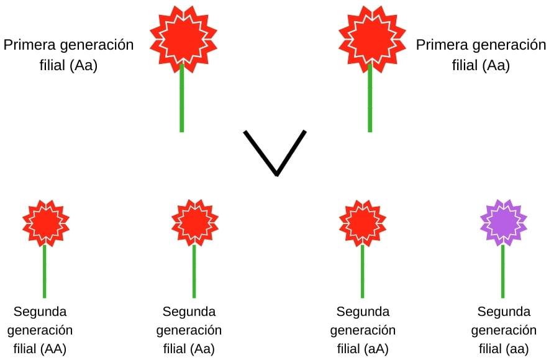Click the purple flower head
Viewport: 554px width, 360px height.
pos(503,222)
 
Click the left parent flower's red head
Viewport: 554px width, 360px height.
pos(182,37)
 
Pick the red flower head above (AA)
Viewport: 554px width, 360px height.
pos(45,222)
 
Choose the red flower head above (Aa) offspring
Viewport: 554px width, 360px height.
pos(194,222)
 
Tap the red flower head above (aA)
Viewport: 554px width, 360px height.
pos(363,222)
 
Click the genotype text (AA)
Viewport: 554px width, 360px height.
pos(53,348)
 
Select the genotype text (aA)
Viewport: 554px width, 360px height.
pos(376,348)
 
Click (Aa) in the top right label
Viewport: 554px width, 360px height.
pos(496,65)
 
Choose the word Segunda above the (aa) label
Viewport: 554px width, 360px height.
pos(504,311)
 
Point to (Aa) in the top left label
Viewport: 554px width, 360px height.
pos(84,65)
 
